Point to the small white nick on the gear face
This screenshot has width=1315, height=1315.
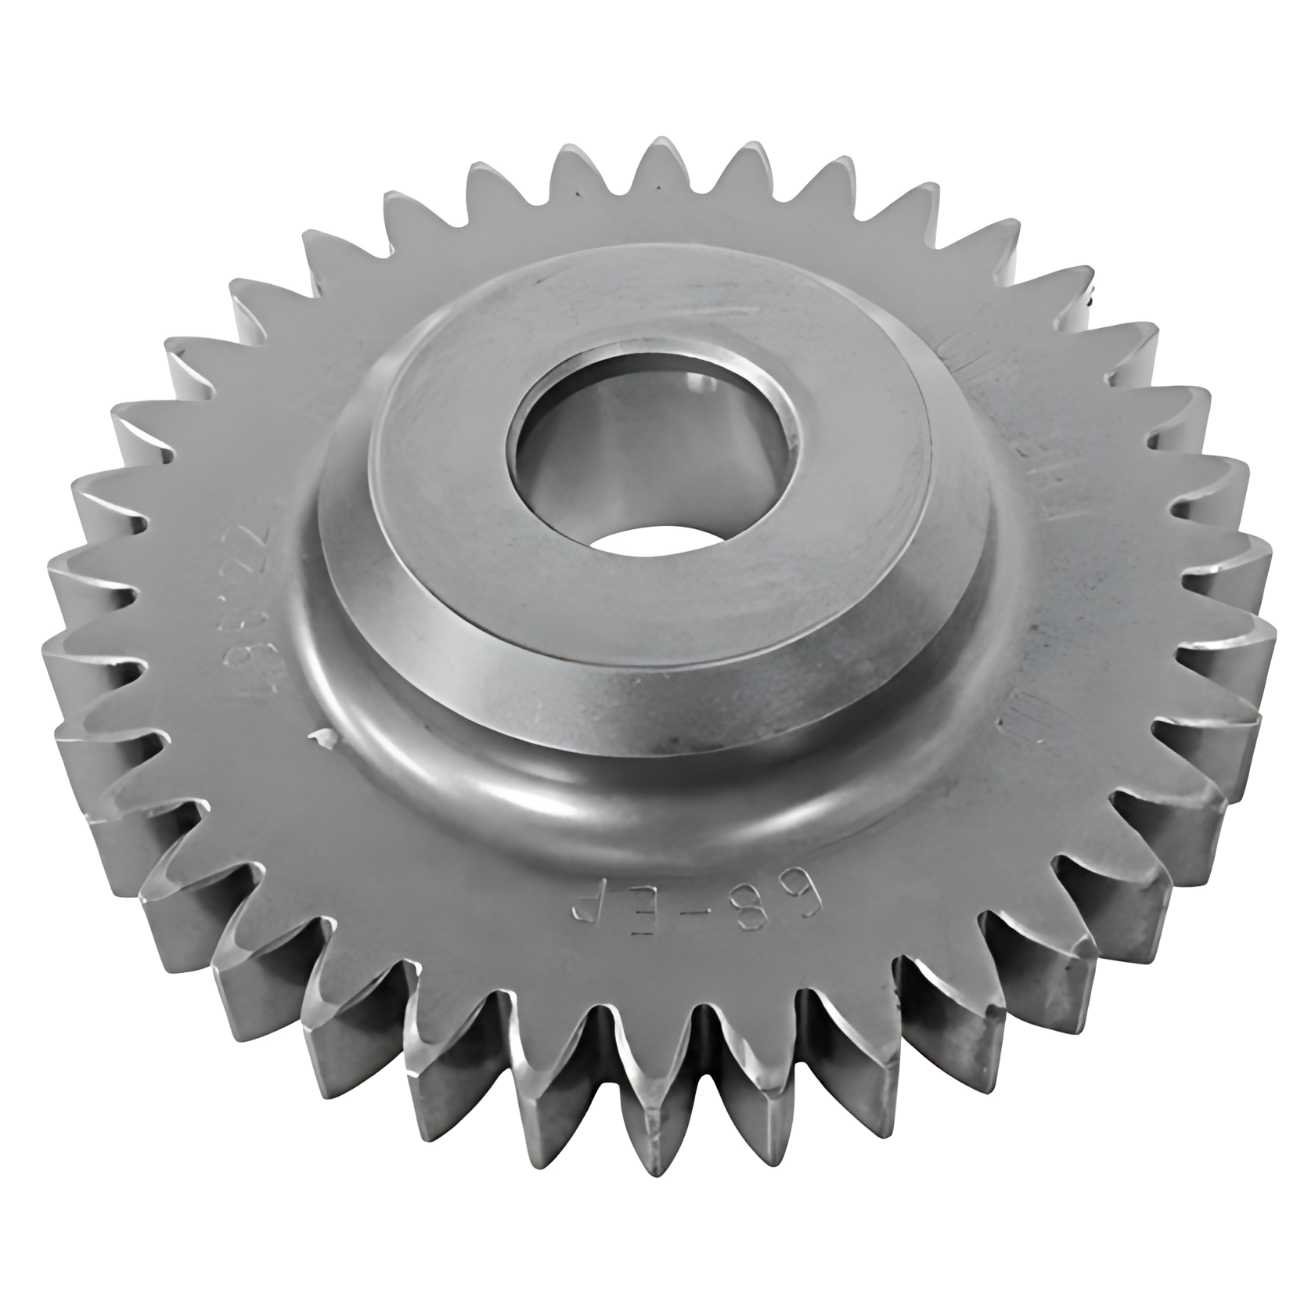(319, 736)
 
